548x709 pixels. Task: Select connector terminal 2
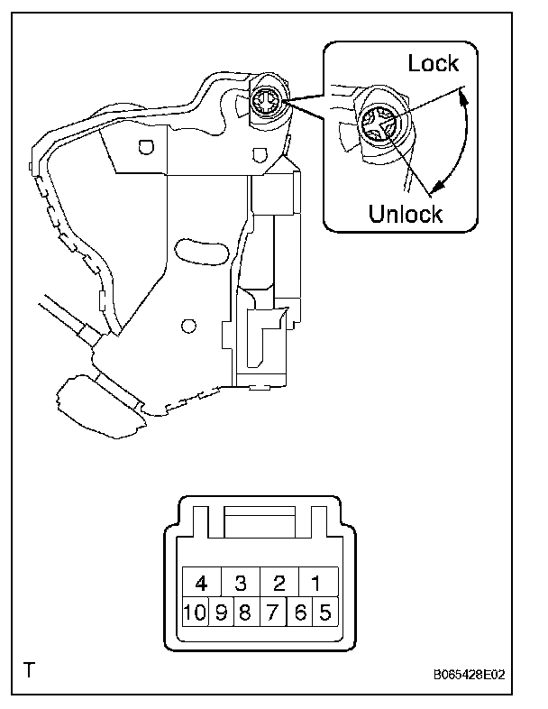279,582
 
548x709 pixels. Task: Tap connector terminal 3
241,582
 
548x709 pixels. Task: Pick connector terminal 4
202,582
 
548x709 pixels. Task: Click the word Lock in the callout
434,63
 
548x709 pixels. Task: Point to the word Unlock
406,214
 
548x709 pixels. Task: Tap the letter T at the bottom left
31,670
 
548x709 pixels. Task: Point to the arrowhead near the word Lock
462,92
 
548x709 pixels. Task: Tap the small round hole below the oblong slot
188,324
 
